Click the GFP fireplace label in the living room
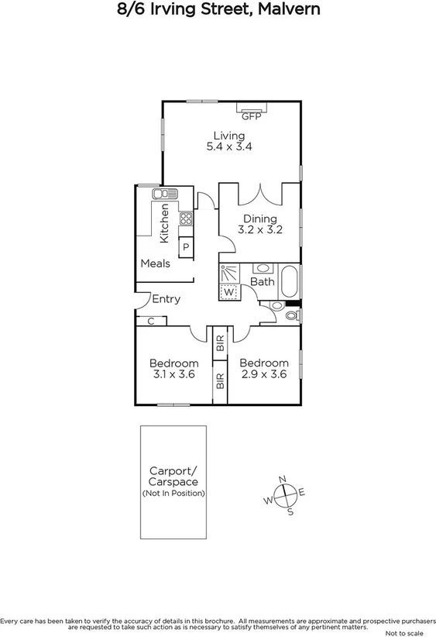point(250,117)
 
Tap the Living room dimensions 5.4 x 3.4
point(229,146)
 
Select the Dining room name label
point(259,219)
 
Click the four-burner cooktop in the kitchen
point(186,219)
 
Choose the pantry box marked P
point(186,248)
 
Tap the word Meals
point(155,263)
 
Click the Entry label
point(166,299)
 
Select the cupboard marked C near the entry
point(150,321)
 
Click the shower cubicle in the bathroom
point(229,274)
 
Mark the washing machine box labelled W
point(229,293)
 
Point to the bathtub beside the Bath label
point(289,281)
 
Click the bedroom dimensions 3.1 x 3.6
point(174,374)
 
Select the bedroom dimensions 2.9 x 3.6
point(263,374)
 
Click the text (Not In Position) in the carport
point(173,494)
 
